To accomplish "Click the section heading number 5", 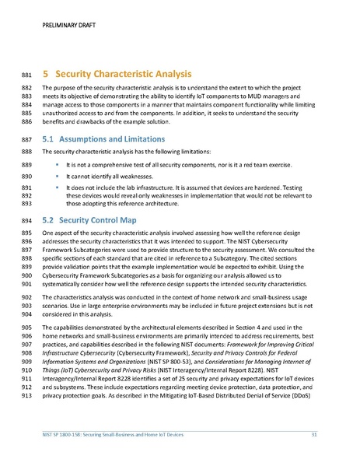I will click(x=46, y=74).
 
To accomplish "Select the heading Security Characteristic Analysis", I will click(x=124, y=74).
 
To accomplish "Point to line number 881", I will click(x=26, y=75).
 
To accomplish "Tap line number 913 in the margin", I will click(x=26, y=395).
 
